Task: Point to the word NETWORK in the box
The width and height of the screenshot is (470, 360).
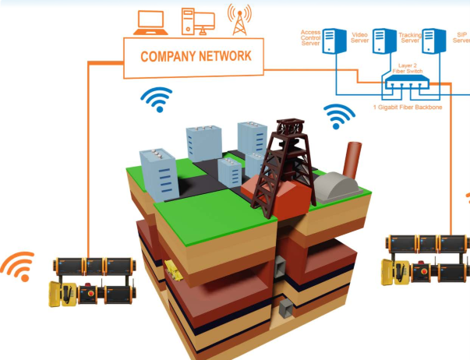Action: click(225, 57)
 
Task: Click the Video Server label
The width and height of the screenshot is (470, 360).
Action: click(360, 36)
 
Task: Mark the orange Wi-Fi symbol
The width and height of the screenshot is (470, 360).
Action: click(18, 266)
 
